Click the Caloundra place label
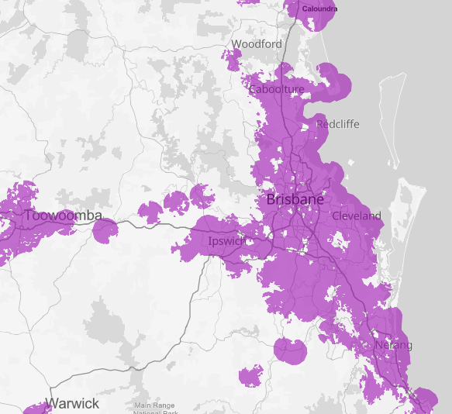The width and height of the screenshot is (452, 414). coord(320,9)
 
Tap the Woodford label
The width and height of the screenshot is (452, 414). coord(257,44)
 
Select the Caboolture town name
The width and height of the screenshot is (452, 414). coord(276,89)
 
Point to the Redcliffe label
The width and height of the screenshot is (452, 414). coord(337,124)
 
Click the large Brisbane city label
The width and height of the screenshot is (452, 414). coord(295,199)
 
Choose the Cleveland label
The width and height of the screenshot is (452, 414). coord(357,216)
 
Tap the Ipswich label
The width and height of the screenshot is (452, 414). coord(227,241)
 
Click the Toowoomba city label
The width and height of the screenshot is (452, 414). coord(63,215)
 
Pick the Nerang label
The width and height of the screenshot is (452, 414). coord(394,345)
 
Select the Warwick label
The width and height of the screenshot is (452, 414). coord(72,403)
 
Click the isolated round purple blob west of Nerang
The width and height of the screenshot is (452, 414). coord(292,350)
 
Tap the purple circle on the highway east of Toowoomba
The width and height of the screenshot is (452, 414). coord(105,229)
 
